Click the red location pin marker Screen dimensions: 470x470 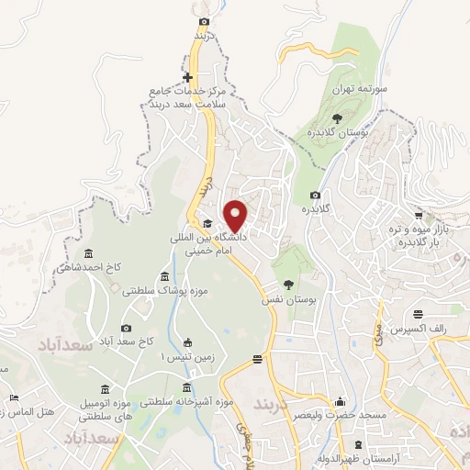(236, 216)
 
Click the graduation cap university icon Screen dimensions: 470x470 (208, 224)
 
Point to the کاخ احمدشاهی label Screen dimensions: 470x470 (88, 268)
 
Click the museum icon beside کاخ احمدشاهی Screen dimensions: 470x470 (88, 254)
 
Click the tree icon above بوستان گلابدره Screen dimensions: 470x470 (338, 118)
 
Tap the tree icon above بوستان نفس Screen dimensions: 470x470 (289, 285)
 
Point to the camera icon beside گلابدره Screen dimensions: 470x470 (316, 195)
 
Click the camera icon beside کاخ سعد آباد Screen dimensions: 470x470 (126, 328)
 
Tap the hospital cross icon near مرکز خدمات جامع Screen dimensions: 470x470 (187, 78)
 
